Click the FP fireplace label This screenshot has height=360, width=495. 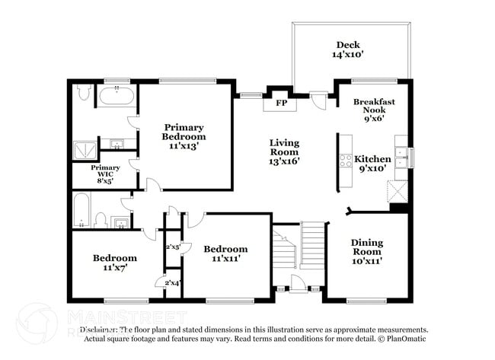280,103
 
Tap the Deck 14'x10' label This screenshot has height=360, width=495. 348,49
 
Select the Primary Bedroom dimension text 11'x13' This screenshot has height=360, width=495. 184,146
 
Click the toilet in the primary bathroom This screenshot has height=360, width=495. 85,94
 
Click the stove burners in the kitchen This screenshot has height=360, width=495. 345,161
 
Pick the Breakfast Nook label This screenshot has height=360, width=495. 374,110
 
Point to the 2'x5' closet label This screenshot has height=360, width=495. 173,247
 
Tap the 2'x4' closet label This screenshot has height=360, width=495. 173,283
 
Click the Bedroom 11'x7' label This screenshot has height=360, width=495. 115,263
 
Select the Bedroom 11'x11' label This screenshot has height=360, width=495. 225,253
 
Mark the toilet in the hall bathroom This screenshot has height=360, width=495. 99,220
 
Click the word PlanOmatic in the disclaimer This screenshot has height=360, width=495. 407,338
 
